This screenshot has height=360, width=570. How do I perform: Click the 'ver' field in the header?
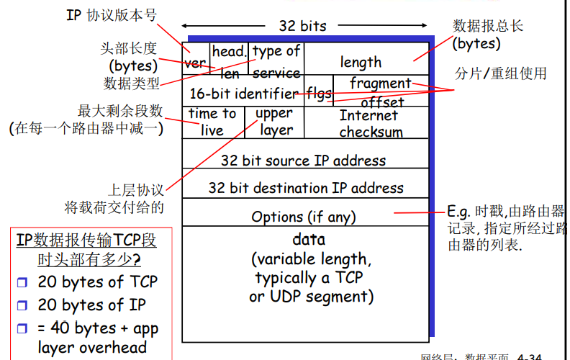(195, 63)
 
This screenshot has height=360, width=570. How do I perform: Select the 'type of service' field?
(276, 61)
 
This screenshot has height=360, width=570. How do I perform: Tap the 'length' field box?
(361, 62)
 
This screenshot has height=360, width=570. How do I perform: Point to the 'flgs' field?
(319, 93)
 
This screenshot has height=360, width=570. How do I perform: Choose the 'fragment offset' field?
(381, 92)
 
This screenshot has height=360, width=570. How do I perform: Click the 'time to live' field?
(212, 122)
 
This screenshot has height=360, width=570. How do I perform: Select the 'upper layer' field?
(274, 122)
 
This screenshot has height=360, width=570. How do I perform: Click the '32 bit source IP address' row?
(303, 161)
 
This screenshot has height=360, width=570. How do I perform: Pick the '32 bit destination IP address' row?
(305, 188)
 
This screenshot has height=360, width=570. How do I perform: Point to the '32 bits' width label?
(302, 26)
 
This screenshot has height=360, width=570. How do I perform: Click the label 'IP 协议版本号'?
(112, 15)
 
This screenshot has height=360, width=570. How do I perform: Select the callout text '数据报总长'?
(487, 27)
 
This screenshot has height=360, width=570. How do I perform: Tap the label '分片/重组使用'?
(501, 73)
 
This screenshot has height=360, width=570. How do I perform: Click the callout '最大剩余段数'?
(120, 112)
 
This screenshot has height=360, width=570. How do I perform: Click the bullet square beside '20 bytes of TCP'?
(22, 282)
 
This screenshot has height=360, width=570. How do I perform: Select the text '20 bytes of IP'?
(91, 305)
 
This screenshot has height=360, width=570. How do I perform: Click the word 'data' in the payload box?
(309, 240)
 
